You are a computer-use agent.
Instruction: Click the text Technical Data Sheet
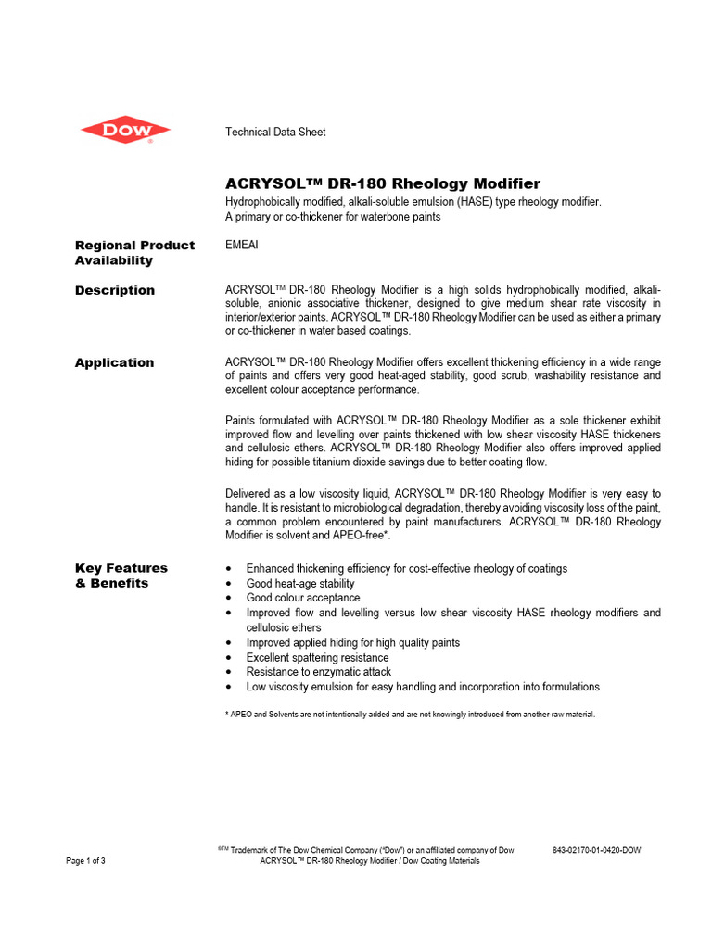point(275,133)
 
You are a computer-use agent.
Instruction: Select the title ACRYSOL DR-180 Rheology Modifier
point(383,183)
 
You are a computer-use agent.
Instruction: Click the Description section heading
point(115,290)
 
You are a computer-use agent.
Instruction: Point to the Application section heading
point(114,362)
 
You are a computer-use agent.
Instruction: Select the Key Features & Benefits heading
point(121,576)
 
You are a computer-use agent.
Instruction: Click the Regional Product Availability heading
point(134,252)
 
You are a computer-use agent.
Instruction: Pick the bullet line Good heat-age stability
point(300,584)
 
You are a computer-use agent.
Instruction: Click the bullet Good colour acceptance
point(303,598)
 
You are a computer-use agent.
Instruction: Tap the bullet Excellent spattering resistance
point(317,657)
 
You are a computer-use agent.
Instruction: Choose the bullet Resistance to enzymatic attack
point(318,671)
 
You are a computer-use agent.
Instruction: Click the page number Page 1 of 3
point(85,861)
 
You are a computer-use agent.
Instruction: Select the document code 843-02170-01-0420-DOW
point(596,850)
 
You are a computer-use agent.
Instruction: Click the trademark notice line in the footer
point(366,850)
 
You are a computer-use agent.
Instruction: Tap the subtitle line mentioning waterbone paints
point(333,217)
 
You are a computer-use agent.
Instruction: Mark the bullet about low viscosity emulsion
point(423,687)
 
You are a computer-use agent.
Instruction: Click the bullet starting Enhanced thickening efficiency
point(406,568)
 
